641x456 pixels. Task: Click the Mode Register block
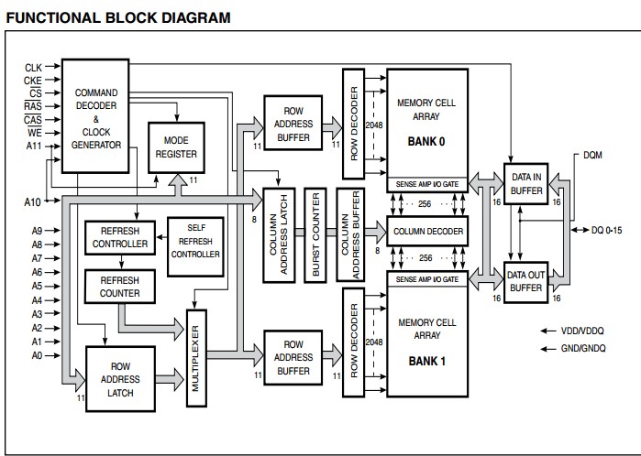click(x=174, y=147)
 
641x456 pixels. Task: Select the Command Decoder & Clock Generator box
click(x=96, y=115)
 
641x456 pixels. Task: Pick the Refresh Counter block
click(x=120, y=287)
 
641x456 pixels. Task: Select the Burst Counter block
click(x=315, y=234)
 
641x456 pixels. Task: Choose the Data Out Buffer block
click(x=526, y=280)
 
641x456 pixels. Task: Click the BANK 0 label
click(x=426, y=142)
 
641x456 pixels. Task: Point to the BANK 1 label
click(x=426, y=361)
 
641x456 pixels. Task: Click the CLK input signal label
click(x=33, y=67)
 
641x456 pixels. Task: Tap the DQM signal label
click(x=593, y=155)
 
